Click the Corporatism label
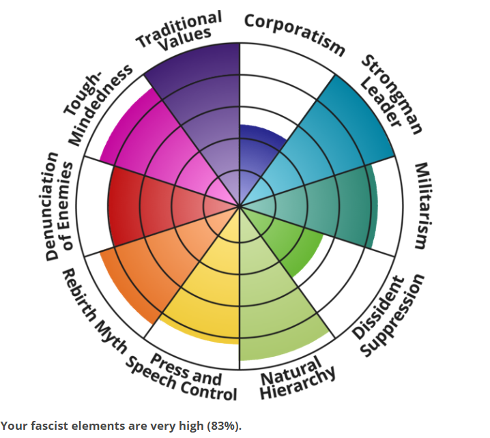[295, 33]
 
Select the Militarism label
[421, 205]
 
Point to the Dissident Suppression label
[389, 315]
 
